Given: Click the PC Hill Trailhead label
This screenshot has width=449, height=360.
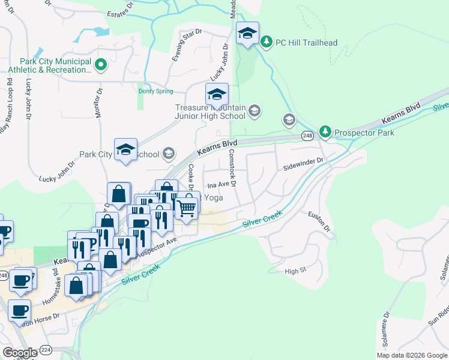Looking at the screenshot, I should point(306,43).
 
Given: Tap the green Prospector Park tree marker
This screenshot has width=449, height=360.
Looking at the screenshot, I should point(325,131).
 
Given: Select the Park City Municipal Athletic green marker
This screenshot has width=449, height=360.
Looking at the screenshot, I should point(101,64).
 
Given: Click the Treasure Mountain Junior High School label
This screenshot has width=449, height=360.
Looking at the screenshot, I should point(210,112).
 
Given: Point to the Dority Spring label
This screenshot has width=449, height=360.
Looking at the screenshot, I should point(155,91).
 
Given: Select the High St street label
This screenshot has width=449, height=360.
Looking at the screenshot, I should point(295,271).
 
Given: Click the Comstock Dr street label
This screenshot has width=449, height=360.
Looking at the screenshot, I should point(234,167).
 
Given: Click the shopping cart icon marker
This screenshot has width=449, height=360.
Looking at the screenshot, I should point(187,208).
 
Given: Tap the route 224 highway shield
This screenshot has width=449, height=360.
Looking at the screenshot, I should point(46,350).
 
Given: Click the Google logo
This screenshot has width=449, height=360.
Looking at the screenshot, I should point(20,353).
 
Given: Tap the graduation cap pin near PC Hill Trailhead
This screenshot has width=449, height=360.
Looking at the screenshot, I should point(247,34).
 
